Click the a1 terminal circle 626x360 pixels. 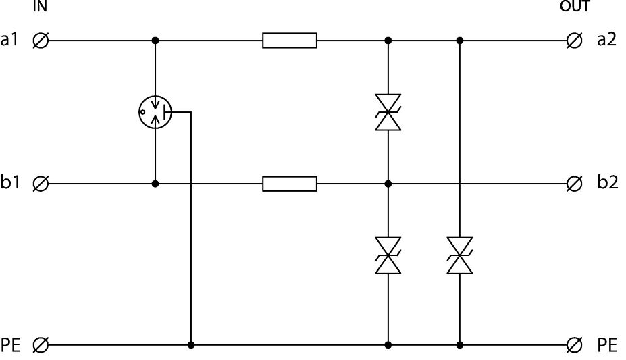[41, 41]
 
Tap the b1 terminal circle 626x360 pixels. [41, 183]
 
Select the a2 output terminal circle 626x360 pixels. [575, 41]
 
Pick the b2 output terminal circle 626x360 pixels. [575, 183]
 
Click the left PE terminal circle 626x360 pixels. [41, 345]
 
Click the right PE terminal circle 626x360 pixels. [575, 345]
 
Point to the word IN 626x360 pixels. [40, 7]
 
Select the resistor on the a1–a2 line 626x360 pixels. [290, 41]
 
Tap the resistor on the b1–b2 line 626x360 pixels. [290, 183]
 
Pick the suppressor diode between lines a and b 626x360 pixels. [388, 112]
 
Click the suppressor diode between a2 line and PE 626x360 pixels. [460, 255]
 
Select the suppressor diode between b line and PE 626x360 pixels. [388, 255]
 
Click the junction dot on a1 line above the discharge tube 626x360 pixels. [155, 41]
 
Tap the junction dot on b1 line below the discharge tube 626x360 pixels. [155, 183]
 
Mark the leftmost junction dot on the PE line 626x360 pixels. [192, 345]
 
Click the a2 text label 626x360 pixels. [606, 41]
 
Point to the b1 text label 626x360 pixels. [11, 183]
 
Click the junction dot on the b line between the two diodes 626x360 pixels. [388, 183]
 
